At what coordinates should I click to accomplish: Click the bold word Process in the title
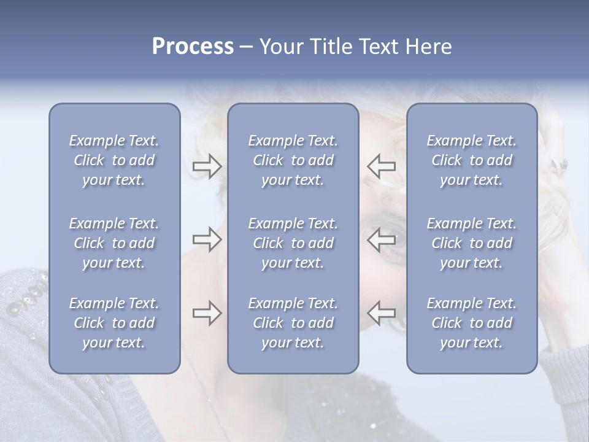(193, 47)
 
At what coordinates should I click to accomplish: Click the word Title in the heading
(330, 47)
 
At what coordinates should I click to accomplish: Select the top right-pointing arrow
(207, 166)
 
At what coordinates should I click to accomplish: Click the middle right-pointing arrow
(207, 239)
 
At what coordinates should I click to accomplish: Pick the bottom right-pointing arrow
(207, 312)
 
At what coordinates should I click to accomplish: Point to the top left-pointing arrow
(381, 166)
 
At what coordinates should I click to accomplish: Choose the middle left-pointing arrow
(381, 239)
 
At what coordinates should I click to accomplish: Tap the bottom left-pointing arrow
(381, 312)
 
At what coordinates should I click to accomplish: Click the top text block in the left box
(114, 160)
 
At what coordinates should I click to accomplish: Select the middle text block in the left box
(114, 243)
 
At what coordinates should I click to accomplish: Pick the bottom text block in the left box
(114, 323)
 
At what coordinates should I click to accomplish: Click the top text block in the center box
(293, 160)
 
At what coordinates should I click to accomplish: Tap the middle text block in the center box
(293, 243)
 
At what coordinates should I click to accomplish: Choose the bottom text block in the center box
(293, 323)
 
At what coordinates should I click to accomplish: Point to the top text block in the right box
(472, 160)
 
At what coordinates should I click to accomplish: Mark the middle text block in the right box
(472, 243)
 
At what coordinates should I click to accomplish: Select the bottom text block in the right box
(472, 323)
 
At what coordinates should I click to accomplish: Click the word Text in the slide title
(377, 47)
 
